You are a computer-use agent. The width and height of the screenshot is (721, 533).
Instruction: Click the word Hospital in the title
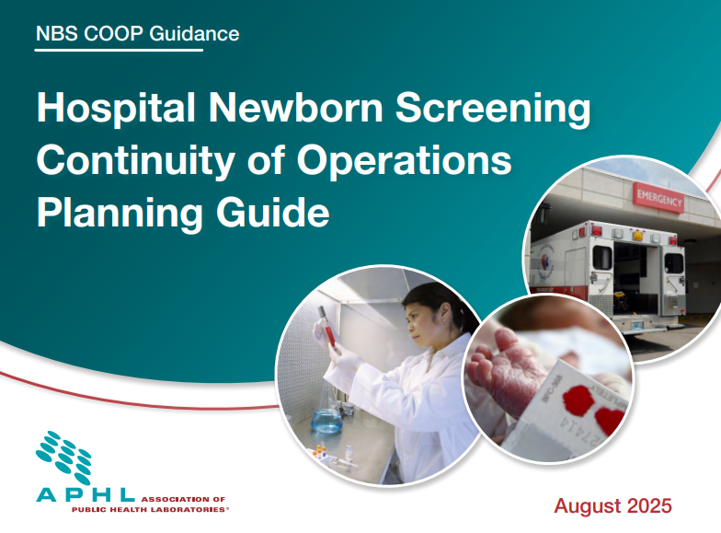[x=116, y=108]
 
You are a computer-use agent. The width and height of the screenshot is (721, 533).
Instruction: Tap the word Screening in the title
[x=493, y=109]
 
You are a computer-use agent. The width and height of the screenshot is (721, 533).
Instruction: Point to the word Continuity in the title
[x=135, y=161]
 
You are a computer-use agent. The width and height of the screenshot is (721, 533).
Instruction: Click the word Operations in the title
[x=405, y=160]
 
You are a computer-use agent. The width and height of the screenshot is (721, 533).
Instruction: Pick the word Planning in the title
[x=120, y=212]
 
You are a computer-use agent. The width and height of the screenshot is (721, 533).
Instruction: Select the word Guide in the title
[x=273, y=212]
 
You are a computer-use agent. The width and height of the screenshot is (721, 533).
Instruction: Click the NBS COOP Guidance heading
[x=138, y=33]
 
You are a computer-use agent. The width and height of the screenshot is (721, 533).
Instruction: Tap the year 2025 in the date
[x=649, y=506]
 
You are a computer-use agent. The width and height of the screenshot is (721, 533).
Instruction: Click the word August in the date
[x=588, y=506]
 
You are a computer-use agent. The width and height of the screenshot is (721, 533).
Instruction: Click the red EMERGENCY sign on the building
[x=658, y=198]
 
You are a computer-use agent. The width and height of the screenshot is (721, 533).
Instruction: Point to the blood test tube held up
[x=327, y=328]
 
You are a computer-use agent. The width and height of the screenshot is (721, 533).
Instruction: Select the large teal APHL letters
[x=85, y=495]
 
